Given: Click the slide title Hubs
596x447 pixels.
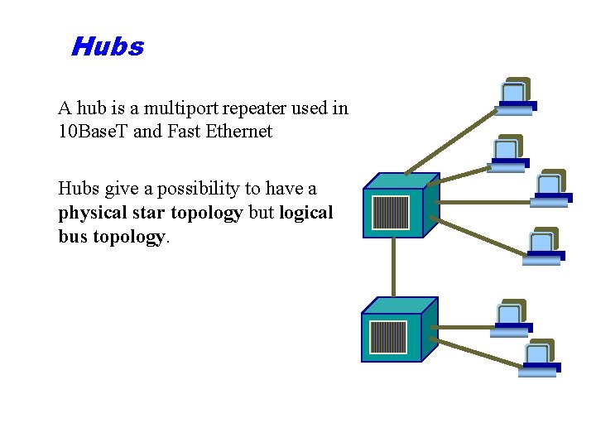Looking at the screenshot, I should point(108,46).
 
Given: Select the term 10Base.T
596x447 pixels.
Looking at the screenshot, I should point(93,132).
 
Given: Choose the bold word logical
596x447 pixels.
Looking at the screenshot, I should point(305,213).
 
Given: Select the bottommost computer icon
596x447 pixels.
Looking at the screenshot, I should point(540,358).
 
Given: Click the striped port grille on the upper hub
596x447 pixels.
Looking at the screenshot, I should point(391,213).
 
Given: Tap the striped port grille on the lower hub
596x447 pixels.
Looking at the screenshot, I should point(388,338).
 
